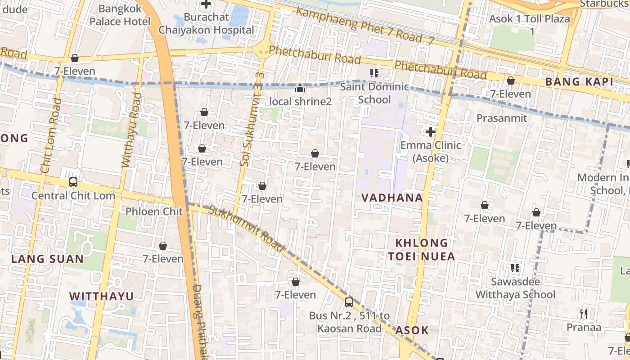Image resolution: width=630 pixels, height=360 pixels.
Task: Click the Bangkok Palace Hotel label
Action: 120,15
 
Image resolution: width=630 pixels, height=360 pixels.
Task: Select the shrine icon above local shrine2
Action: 300,89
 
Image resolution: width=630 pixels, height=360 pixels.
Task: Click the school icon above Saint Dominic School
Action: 374,73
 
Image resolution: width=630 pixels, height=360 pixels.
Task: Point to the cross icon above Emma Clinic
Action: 431,132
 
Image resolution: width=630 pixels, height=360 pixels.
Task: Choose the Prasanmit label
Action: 502,118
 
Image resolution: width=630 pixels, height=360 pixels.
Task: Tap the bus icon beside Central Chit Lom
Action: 73,182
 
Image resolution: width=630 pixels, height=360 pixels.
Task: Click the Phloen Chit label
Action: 154,211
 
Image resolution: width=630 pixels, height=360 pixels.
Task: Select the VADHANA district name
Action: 392,198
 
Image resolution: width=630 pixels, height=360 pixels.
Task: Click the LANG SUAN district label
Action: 47,259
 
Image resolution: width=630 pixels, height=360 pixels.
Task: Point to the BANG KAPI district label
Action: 579,82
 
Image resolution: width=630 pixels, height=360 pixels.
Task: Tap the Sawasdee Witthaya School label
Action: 515,288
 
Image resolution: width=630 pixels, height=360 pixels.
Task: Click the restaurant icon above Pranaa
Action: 584,314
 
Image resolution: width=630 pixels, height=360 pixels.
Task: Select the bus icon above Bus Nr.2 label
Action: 349,302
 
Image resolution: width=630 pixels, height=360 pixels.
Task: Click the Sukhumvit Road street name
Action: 247,229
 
